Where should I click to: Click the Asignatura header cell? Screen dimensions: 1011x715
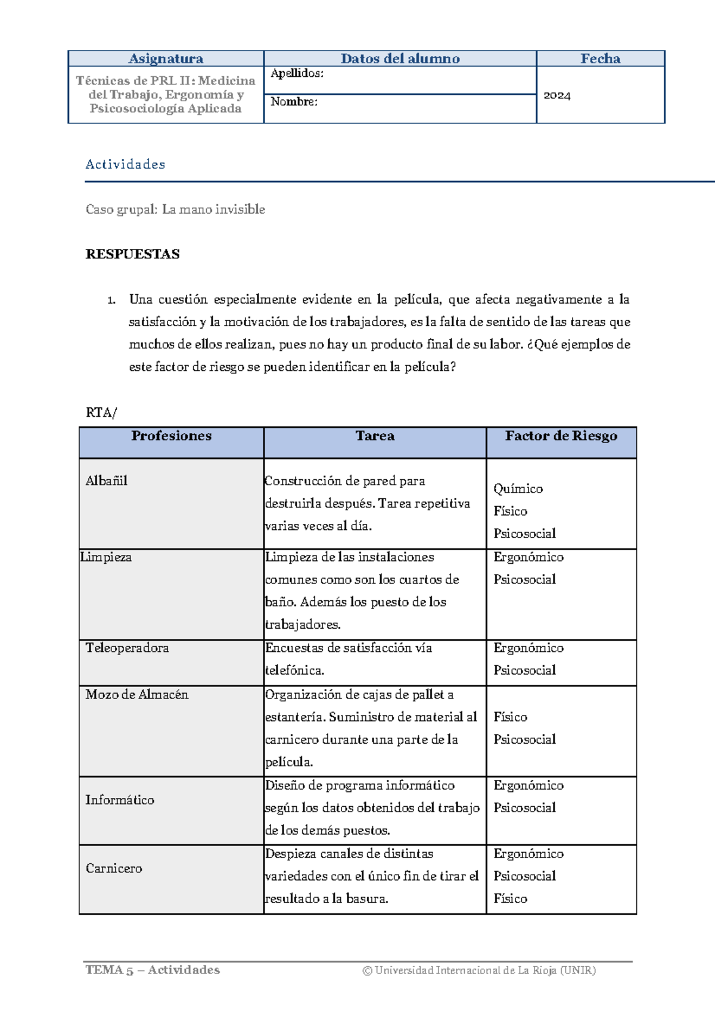(166, 58)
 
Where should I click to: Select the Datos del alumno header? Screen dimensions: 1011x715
(400, 58)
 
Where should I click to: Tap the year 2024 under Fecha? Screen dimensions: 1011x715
(557, 95)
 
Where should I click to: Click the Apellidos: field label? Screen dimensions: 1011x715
(297, 73)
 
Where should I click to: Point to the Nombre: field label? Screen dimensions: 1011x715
(294, 102)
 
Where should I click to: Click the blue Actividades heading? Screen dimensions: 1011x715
(125, 164)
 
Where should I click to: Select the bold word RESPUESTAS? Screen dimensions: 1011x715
(132, 254)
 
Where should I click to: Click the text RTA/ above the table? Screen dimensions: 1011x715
(101, 413)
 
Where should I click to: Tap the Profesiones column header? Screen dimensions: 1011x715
(171, 436)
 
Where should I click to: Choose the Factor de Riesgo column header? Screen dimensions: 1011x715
(561, 436)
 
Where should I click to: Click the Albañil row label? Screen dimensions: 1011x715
(106, 481)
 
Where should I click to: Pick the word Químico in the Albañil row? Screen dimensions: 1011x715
(518, 489)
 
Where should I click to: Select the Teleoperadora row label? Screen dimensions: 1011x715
(127, 648)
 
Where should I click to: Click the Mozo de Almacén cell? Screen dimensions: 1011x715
(136, 694)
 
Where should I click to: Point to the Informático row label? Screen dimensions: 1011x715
(119, 800)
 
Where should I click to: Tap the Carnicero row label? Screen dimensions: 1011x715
(114, 868)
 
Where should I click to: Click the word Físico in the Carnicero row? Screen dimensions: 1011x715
(510, 898)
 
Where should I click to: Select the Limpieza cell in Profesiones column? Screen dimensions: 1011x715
(106, 557)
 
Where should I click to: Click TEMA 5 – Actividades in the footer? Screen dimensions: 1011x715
(153, 970)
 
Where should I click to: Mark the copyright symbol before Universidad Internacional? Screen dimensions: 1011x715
(367, 971)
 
